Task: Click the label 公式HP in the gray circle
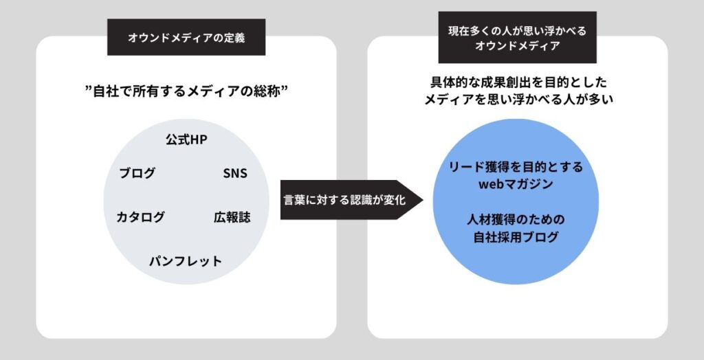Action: click(x=186, y=139)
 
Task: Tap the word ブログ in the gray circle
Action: click(x=137, y=173)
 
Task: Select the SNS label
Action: click(x=235, y=173)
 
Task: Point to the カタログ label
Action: click(x=141, y=217)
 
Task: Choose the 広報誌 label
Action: click(x=232, y=217)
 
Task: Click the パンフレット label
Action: click(x=186, y=261)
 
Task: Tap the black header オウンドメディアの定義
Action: click(x=186, y=38)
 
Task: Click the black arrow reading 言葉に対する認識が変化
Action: click(x=344, y=201)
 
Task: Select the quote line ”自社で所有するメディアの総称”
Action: click(x=186, y=89)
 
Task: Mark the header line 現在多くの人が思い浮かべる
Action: click(x=517, y=30)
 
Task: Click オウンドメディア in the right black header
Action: click(x=517, y=47)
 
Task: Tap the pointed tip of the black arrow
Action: click(x=420, y=201)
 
